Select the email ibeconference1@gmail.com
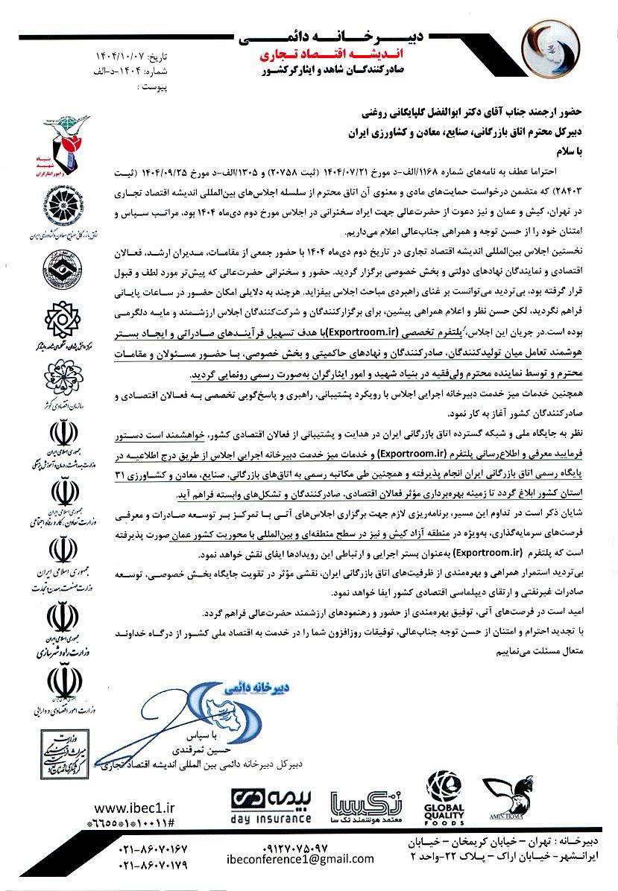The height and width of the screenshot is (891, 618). tap(299, 858)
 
